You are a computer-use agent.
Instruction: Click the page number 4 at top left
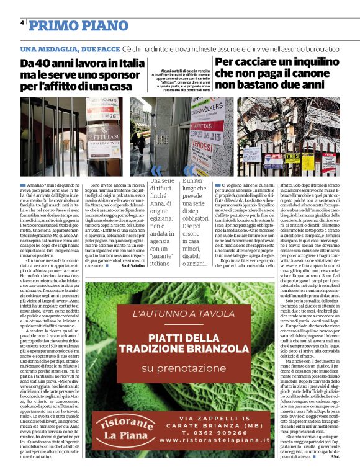(22, 24)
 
